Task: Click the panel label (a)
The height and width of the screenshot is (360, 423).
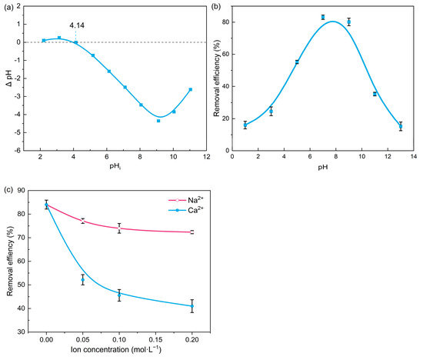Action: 8,7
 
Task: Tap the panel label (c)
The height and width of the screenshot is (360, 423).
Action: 8,188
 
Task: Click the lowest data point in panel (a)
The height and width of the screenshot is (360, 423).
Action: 158,121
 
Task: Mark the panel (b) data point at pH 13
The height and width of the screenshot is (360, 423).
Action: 401,127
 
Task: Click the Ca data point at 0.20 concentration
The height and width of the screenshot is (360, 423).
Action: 192,306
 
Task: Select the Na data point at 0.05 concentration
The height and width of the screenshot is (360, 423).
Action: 82,221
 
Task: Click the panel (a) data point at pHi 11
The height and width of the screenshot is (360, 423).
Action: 190,89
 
